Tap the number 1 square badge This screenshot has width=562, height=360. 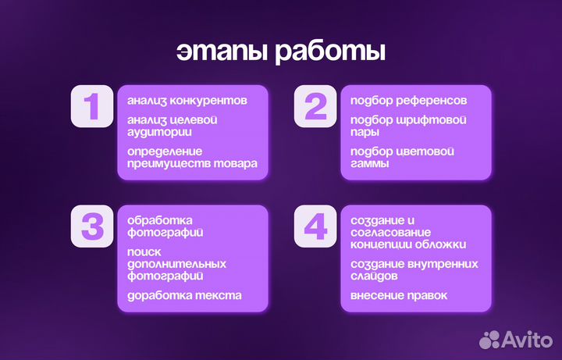pyautogui.click(x=93, y=106)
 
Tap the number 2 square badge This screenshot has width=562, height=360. pyautogui.click(x=315, y=106)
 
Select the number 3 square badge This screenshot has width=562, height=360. pyautogui.click(x=93, y=226)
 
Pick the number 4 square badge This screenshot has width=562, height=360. pyautogui.click(x=315, y=226)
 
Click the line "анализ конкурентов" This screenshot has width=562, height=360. pyautogui.click(x=187, y=101)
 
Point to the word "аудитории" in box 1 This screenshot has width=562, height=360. pyautogui.click(x=155, y=132)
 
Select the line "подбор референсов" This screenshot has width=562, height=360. pyautogui.click(x=409, y=101)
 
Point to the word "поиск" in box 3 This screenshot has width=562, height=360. pyautogui.click(x=144, y=251)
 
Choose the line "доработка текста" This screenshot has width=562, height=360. pyautogui.click(x=184, y=295)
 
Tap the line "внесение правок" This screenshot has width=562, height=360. pyautogui.click(x=399, y=295)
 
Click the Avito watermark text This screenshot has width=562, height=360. pyautogui.click(x=528, y=338)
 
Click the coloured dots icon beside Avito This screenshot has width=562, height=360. pyautogui.click(x=490, y=339)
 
